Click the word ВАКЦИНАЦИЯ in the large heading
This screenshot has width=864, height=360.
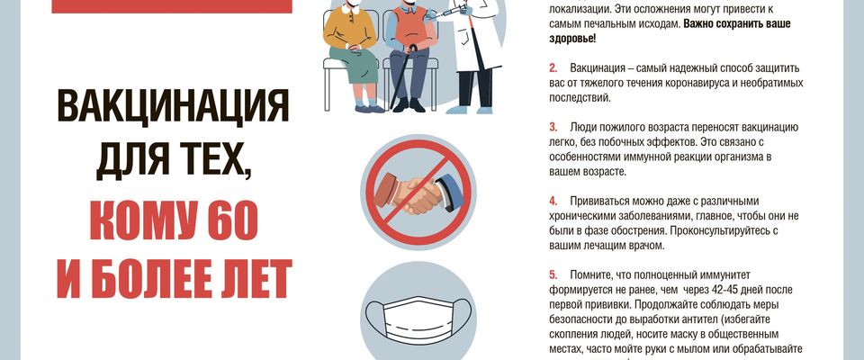tap(173, 106)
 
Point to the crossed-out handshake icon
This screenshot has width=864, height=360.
tap(418, 193)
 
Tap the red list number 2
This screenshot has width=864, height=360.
tap(553, 68)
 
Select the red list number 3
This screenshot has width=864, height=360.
tap(553, 128)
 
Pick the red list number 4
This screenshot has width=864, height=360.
tap(553, 202)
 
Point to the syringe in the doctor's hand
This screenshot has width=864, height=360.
tap(451, 12)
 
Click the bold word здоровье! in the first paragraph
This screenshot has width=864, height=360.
tap(572, 39)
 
